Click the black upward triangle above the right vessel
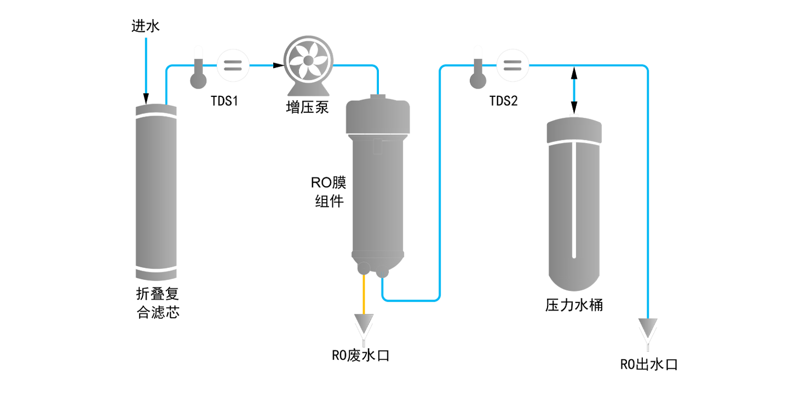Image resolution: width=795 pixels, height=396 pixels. [x=573, y=74]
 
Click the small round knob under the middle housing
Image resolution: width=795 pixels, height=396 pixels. [x=363, y=268]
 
